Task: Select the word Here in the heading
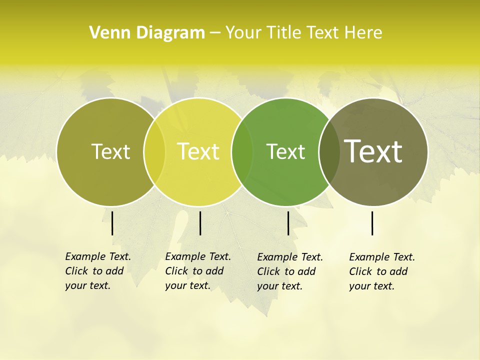(x=364, y=33)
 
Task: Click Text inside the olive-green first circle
(x=110, y=151)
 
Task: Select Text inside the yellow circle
(x=198, y=151)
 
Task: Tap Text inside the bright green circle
(x=285, y=151)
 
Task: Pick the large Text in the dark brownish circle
(x=373, y=151)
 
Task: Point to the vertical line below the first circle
(x=112, y=223)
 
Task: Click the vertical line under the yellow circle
(x=200, y=223)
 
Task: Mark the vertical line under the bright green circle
(x=288, y=223)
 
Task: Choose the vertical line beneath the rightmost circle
(x=372, y=223)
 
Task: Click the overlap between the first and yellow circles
(x=154, y=151)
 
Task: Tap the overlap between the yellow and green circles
(x=242, y=151)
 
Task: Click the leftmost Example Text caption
(x=98, y=271)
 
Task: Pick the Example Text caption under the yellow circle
(x=198, y=271)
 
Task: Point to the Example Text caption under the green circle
(x=290, y=271)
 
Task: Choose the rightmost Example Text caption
(x=382, y=271)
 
